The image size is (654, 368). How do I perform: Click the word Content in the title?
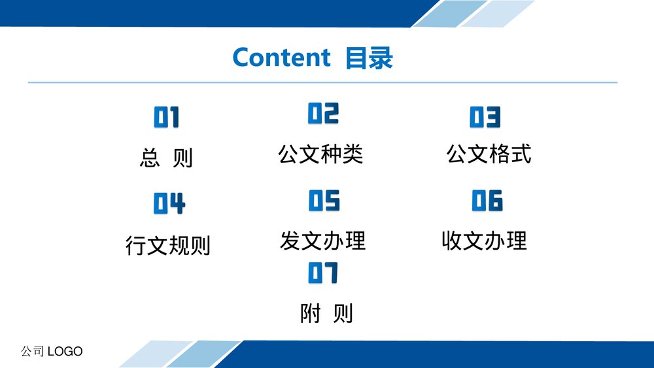[x=281, y=58]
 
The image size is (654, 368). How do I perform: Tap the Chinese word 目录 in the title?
[x=370, y=58]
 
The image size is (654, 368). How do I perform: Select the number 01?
[x=167, y=118]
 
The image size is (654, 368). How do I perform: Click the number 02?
[x=324, y=113]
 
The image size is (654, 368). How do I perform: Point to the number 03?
[x=485, y=117]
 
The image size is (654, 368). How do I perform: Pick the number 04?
[x=169, y=204]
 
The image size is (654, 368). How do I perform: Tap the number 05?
[x=324, y=201]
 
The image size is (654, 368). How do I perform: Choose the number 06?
[x=487, y=201]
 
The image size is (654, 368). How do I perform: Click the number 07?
[x=323, y=273]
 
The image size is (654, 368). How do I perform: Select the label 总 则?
[x=167, y=158]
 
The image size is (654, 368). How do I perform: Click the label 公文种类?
[x=320, y=154]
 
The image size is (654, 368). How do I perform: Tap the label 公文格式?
[x=489, y=154]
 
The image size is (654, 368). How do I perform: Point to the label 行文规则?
[x=168, y=246]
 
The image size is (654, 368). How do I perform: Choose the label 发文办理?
[x=322, y=241]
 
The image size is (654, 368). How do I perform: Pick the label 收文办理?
[x=484, y=241]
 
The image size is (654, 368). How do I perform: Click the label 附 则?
[x=326, y=314]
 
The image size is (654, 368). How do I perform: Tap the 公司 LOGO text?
[x=52, y=352]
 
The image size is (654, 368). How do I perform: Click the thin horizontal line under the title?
[x=322, y=82]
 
